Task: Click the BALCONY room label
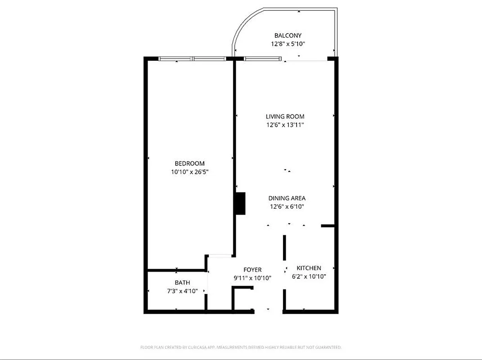pyautogui.click(x=288, y=36)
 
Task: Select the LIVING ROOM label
pyautogui.click(x=285, y=117)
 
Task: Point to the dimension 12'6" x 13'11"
pyautogui.click(x=285, y=125)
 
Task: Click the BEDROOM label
pyautogui.click(x=189, y=163)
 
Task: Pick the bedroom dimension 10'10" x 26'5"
pyautogui.click(x=189, y=172)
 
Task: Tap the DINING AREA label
pyautogui.click(x=287, y=198)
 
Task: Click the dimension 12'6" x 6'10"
pyautogui.click(x=287, y=207)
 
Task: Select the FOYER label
pyautogui.click(x=252, y=270)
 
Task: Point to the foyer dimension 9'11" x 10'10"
pyautogui.click(x=252, y=278)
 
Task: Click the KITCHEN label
pyautogui.click(x=309, y=268)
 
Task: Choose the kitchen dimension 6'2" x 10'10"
pyautogui.click(x=309, y=276)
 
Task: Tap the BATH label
pyautogui.click(x=182, y=283)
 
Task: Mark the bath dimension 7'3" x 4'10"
pyautogui.click(x=182, y=291)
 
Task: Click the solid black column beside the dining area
pyautogui.click(x=240, y=203)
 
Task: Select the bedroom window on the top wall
pyautogui.click(x=192, y=58)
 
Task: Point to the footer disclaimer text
pyautogui.click(x=241, y=347)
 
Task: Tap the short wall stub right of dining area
pyautogui.click(x=328, y=225)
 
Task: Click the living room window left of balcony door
pyautogui.click(x=263, y=58)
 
